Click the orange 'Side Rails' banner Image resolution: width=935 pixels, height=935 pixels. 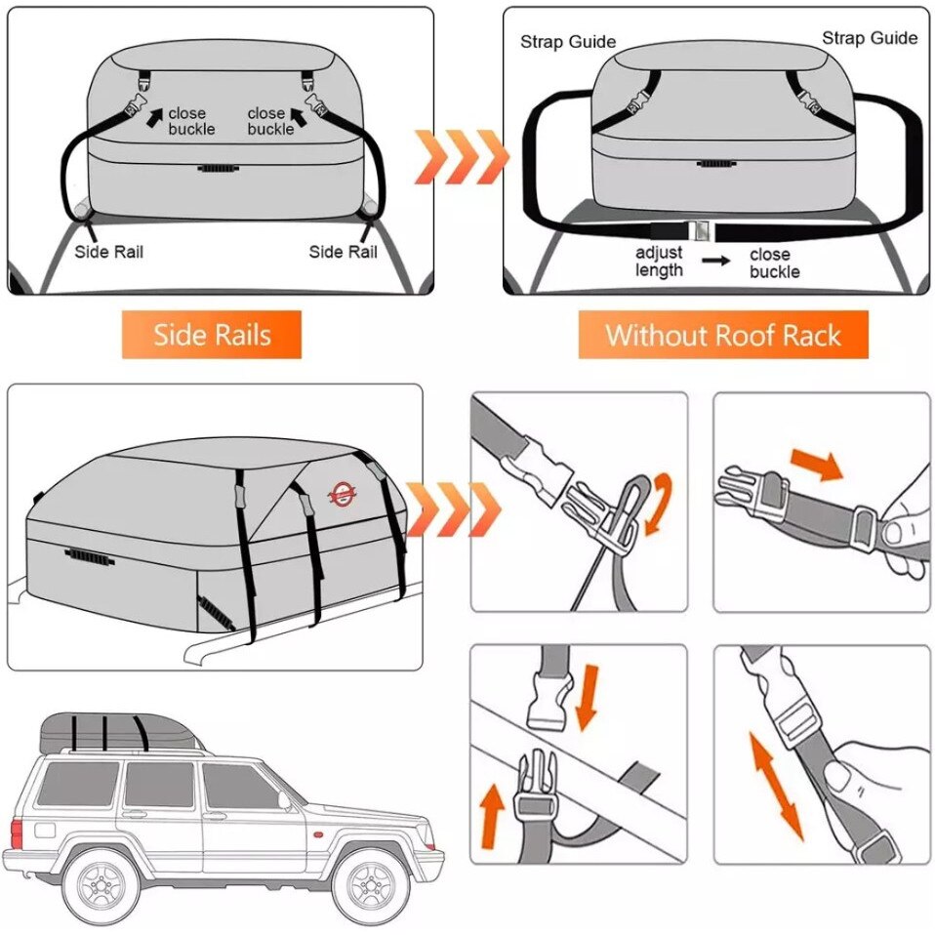coord(212,335)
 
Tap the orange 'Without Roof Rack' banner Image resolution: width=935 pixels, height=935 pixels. coord(722,335)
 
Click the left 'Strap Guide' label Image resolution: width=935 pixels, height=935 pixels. coord(568,42)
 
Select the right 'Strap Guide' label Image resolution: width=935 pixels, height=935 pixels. coord(870,38)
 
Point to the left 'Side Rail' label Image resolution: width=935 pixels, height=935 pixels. coord(109,252)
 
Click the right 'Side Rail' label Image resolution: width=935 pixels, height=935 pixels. coord(344,252)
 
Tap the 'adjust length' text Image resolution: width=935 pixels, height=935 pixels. coord(659,262)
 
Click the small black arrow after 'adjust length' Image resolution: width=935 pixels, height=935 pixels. coord(715,261)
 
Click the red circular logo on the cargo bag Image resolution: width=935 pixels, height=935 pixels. coord(341,494)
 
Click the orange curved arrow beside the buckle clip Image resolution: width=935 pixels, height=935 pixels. coord(660,502)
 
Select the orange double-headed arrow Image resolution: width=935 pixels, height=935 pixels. coord(776,787)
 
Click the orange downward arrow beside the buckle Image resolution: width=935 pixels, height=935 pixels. coord(587,697)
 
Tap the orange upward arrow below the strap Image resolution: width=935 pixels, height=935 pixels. coord(493,816)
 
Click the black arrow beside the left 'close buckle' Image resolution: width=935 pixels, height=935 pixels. coord(154,117)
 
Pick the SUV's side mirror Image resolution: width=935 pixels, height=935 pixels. coord(284,801)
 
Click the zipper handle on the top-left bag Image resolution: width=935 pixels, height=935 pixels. coord(219,169)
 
